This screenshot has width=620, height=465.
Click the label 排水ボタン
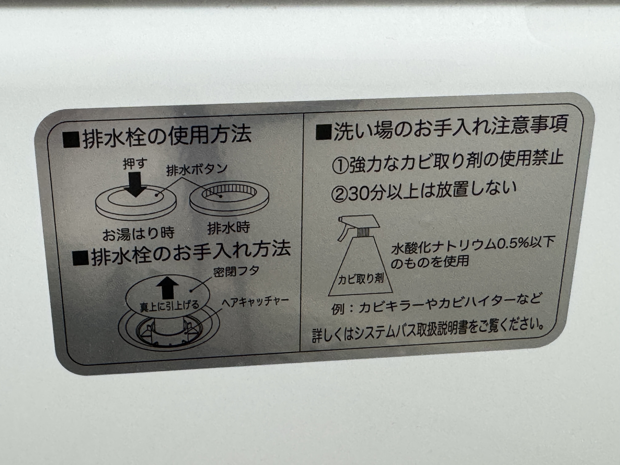click(x=196, y=170)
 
